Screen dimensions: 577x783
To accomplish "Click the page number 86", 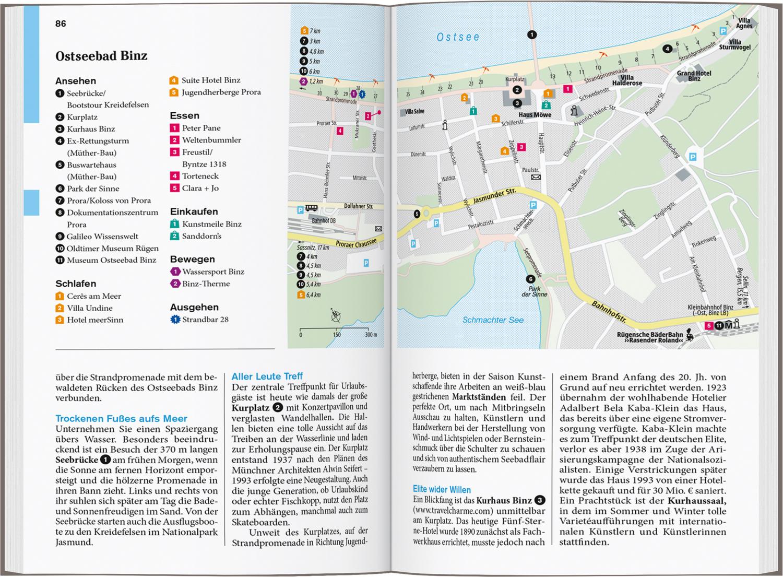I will tap(61, 23).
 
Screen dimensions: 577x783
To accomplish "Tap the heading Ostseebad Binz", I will tap(101, 56).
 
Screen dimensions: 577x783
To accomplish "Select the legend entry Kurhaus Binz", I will tap(91, 129).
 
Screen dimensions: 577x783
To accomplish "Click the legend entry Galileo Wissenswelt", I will tap(102, 236).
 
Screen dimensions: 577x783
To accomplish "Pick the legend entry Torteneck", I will tap(200, 176).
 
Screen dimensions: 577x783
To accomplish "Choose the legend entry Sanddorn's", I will tap(201, 236).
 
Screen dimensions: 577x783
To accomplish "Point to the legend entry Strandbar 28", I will tap(205, 320).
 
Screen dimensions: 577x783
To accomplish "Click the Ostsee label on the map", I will tap(458, 37).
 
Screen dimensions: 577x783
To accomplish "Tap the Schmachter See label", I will tap(493, 320).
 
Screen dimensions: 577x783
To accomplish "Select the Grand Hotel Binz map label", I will tap(694, 76).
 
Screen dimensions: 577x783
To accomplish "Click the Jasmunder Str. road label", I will tap(494, 197).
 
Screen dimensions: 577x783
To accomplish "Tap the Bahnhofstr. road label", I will tap(608, 312).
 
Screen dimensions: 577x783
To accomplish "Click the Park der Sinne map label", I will tap(535, 291).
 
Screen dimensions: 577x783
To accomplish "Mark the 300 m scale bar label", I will tap(371, 335).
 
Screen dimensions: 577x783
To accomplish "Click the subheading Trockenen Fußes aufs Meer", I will tap(121, 418).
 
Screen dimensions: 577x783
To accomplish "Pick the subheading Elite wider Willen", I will tap(442, 489).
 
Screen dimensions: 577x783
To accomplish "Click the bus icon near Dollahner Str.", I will tap(312, 208).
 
